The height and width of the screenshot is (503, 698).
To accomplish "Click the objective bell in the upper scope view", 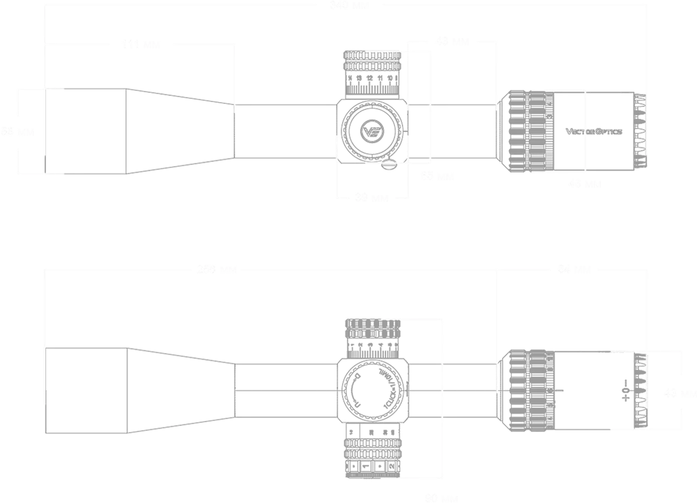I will point(85,130).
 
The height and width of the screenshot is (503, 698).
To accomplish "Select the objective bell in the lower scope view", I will point(87,389).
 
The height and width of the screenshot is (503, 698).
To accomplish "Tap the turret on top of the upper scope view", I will point(372,73).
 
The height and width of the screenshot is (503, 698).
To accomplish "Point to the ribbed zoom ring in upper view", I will point(526,131).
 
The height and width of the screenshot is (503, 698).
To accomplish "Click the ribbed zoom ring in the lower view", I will point(526,390).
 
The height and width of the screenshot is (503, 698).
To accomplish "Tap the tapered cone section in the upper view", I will point(180,130).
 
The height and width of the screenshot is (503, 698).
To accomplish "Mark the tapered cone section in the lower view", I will point(180,389).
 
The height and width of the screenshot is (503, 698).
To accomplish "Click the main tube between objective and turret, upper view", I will point(285,130).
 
